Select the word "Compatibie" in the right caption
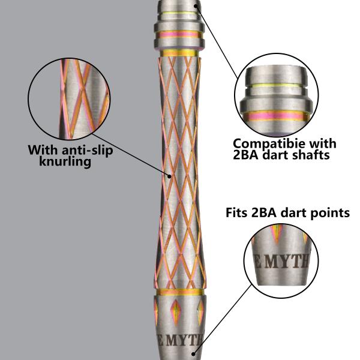(268, 145)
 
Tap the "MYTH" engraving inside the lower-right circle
(289, 262)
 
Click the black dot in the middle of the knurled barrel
(170, 176)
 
